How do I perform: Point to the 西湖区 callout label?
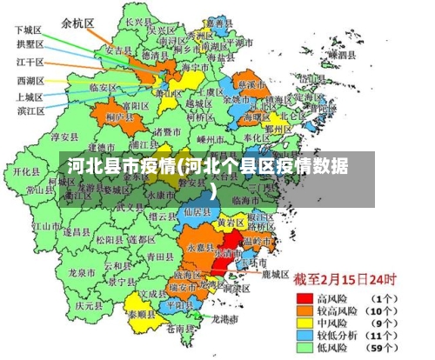(30, 80)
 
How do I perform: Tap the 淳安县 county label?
(64, 137)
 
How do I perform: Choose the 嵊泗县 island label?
(341, 54)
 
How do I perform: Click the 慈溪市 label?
(252, 85)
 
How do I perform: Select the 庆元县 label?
(89, 305)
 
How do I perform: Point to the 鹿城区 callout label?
(275, 273)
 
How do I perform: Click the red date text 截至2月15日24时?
(344, 280)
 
